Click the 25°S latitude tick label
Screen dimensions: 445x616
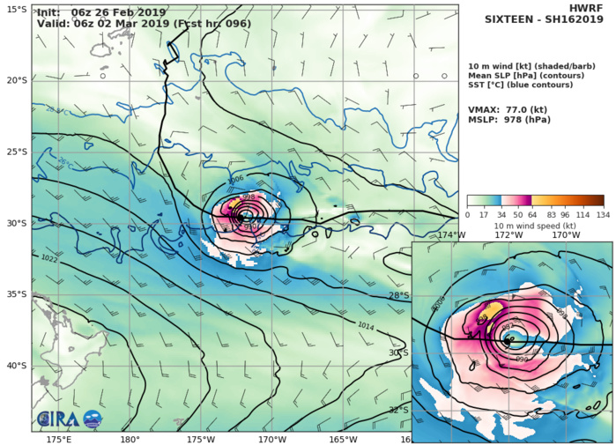[16, 152]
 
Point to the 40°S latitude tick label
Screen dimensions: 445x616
[16, 366]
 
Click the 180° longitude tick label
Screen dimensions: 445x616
[130, 439]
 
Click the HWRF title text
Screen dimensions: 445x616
[591, 8]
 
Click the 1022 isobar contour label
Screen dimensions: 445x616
[50, 258]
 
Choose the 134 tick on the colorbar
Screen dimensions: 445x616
[603, 214]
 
